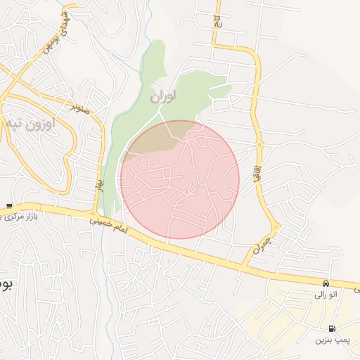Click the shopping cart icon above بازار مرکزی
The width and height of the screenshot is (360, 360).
click(8, 206)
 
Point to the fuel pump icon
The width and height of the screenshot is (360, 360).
click(332, 329)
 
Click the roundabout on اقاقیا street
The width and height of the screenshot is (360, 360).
click(259, 144)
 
